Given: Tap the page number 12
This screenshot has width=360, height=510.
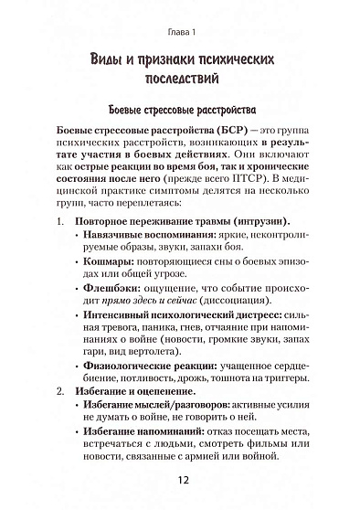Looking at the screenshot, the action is pos(180,483).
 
